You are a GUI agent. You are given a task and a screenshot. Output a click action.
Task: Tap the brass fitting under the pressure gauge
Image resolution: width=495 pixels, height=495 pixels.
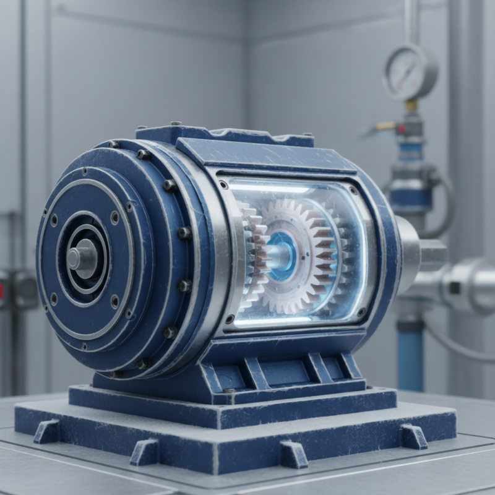(x=411, y=106)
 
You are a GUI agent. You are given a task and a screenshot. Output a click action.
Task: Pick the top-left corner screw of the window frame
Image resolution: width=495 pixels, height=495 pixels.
(x=223, y=184)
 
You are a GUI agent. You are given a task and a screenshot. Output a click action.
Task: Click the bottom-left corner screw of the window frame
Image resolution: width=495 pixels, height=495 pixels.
(x=230, y=319)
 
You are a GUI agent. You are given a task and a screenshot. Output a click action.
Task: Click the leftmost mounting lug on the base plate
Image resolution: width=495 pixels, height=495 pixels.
(x=46, y=431)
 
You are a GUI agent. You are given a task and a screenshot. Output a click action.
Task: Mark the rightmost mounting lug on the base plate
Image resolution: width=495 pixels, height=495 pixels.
(x=413, y=436)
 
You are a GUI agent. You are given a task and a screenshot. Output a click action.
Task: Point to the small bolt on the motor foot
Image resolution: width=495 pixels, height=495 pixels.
(x=230, y=391)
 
